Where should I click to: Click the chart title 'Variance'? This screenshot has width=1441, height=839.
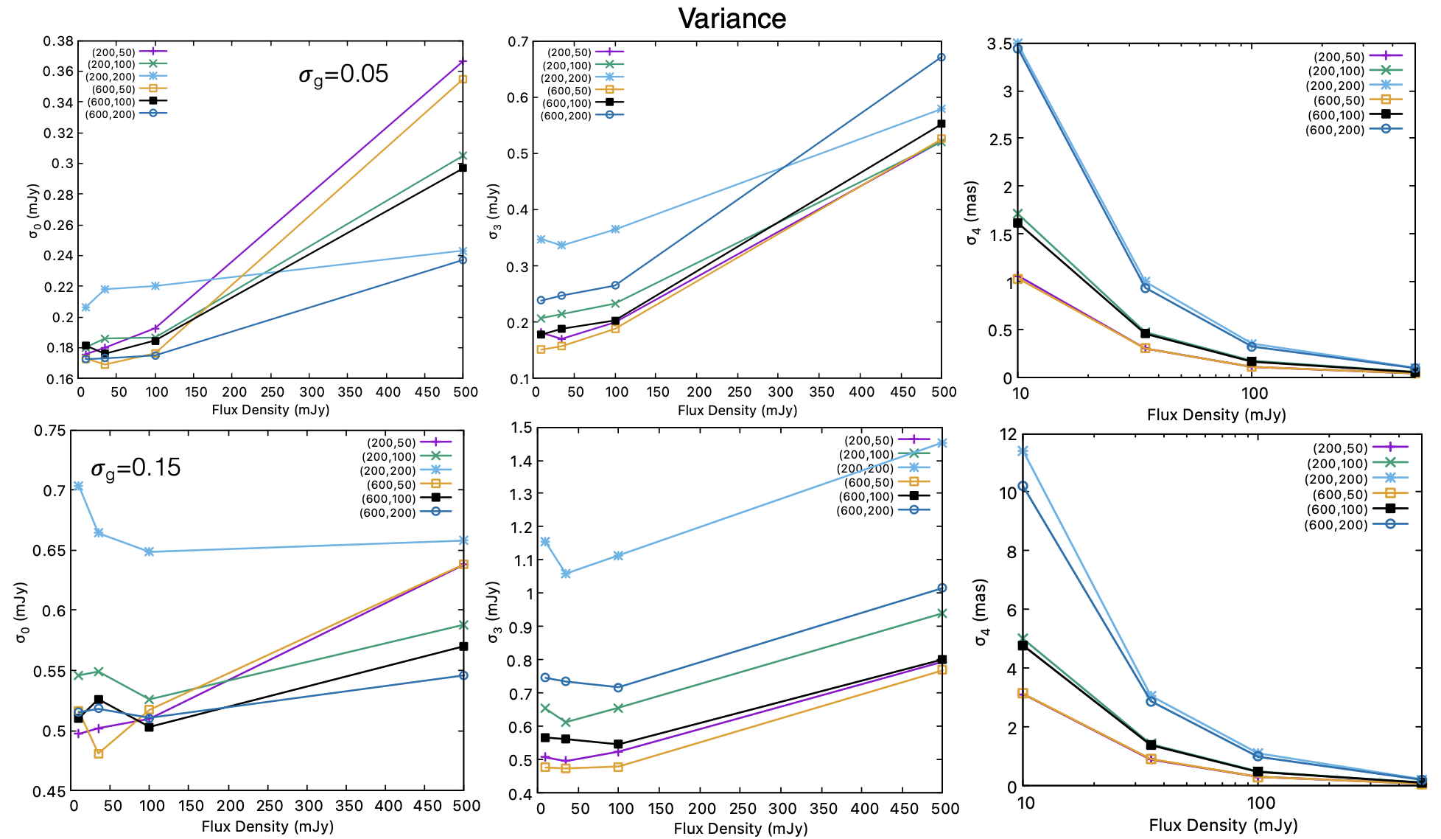[732, 18]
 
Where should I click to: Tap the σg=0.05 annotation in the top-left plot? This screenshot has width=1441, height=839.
[343, 74]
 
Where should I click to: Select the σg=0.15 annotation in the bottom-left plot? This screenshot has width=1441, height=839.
[136, 468]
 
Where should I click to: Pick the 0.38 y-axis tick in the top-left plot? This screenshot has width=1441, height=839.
[58, 41]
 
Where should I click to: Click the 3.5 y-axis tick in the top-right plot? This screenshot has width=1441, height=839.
[1000, 44]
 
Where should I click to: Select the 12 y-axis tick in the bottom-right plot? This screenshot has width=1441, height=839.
[1007, 434]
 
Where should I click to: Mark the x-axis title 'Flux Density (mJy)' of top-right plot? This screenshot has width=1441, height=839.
[1216, 415]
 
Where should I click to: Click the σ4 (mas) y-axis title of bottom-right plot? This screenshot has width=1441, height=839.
[981, 612]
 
